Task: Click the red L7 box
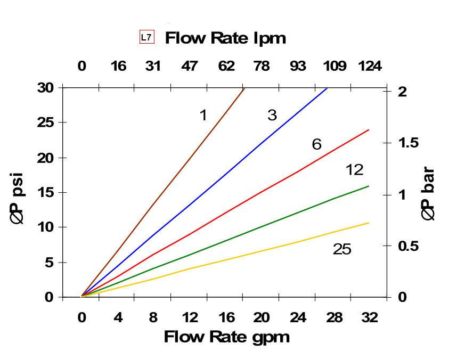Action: (x=146, y=37)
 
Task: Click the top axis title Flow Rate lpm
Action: (x=225, y=38)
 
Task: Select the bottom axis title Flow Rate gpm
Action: (x=226, y=337)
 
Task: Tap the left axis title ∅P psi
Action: (x=18, y=198)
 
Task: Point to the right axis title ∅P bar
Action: (x=428, y=194)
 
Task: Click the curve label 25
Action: (x=342, y=249)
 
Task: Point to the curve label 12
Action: (x=354, y=170)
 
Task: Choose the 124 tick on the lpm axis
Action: (x=370, y=66)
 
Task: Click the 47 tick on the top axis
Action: (x=189, y=66)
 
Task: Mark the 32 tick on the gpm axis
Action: (x=370, y=318)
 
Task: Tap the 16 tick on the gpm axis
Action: (x=226, y=318)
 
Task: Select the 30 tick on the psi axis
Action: (x=46, y=87)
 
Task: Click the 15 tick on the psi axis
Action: (x=46, y=192)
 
